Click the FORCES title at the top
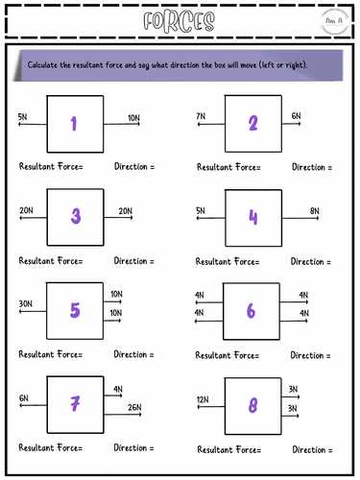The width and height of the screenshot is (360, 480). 180,22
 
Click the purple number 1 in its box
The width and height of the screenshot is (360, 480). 74,122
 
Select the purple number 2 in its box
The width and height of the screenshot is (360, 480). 252,122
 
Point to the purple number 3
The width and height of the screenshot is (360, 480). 74,216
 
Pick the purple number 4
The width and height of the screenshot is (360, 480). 252,216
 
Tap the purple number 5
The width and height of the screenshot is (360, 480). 74,309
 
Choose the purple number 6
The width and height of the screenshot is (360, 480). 252,310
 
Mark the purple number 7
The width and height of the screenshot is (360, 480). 74,404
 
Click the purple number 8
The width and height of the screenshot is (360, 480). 252,405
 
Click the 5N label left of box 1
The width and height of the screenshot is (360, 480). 22,116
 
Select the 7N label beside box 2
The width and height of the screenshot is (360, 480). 200,116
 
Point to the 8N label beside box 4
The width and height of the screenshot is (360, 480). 314,210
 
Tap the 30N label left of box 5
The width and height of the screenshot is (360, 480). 26,304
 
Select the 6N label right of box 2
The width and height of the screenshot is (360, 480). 296,116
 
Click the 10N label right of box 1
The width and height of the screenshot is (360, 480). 133,116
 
